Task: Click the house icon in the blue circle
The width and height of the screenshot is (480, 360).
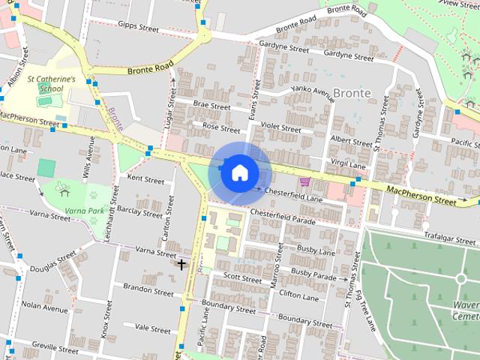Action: pyautogui.click(x=238, y=172)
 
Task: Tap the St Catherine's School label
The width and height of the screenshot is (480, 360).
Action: pyautogui.click(x=51, y=83)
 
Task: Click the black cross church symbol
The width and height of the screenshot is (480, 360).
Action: pyautogui.click(x=181, y=264)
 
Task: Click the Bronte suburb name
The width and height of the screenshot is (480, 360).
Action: pyautogui.click(x=351, y=92)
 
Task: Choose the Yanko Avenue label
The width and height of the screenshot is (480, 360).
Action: pyautogui.click(x=313, y=94)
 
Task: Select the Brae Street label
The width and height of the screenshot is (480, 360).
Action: pyautogui.click(x=211, y=106)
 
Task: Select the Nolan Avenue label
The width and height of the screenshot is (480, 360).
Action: pyautogui.click(x=44, y=307)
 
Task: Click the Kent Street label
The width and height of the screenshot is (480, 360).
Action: pyautogui.click(x=145, y=180)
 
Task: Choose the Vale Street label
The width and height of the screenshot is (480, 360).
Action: pyautogui.click(x=152, y=328)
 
